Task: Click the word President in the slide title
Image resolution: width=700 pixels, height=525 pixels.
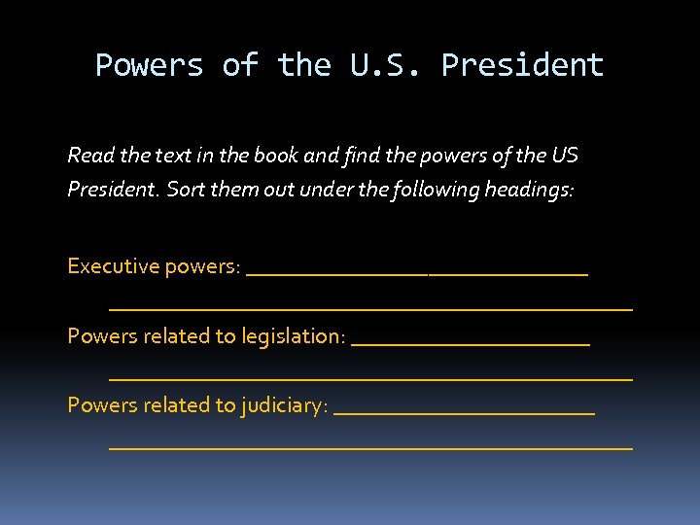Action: point(522,65)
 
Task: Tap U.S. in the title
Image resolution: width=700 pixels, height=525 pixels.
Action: point(382,65)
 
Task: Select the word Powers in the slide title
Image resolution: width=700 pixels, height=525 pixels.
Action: point(149,65)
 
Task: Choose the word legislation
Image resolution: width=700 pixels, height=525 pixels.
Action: point(293,336)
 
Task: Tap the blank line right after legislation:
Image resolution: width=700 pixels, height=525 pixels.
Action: point(471,343)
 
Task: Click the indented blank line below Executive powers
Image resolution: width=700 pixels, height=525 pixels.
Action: point(370,308)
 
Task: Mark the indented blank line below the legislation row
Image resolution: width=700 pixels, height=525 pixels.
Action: point(370,377)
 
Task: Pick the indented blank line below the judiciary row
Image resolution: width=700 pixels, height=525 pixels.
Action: point(370,447)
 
